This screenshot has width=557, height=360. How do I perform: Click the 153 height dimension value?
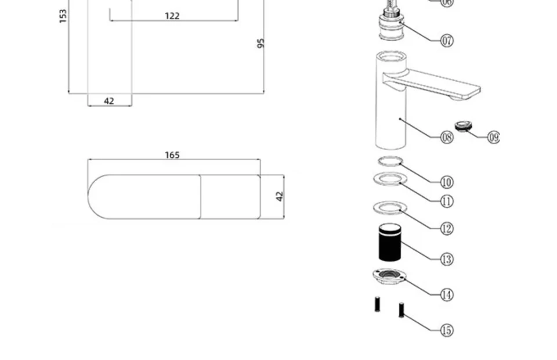(63, 16)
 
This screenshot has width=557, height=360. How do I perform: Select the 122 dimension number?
(172, 16)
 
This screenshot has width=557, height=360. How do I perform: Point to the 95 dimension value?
(261, 44)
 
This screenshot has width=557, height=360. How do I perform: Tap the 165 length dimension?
(172, 155)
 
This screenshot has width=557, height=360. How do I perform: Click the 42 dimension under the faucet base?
(109, 101)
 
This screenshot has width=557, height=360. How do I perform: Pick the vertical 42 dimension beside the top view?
(280, 196)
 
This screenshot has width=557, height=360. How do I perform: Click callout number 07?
(447, 41)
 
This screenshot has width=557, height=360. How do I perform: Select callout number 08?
(447, 138)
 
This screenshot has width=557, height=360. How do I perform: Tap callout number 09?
(493, 138)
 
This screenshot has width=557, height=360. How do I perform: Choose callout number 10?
(447, 182)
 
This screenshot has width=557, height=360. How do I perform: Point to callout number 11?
(447, 201)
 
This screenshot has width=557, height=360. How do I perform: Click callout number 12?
(447, 229)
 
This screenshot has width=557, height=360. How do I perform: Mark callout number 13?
(447, 260)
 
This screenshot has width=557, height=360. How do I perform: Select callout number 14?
(447, 295)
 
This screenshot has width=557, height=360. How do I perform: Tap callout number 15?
(447, 330)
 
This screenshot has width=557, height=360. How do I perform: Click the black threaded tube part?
(389, 242)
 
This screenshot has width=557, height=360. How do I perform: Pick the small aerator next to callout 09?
(463, 125)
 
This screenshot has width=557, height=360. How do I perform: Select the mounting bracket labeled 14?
(388, 276)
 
